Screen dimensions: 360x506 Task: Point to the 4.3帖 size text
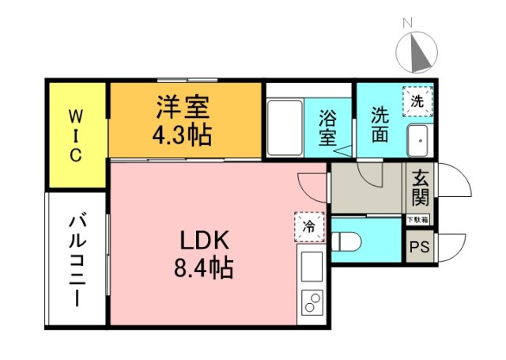[x=182, y=135]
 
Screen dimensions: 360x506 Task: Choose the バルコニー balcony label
[x=76, y=258]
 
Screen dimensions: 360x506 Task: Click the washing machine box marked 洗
[x=417, y=100]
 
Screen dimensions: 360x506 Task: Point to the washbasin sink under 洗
[x=417, y=140]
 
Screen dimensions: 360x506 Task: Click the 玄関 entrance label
[x=418, y=189]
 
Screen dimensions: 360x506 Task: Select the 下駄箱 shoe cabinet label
[x=417, y=219]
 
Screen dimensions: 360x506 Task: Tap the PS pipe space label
[x=418, y=248]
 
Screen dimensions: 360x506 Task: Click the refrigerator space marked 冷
[x=310, y=225]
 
